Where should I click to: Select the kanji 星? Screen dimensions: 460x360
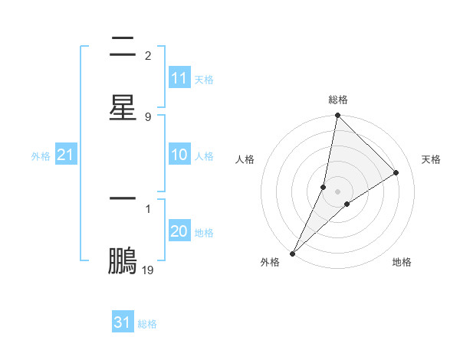pyautogui.click(x=123, y=107)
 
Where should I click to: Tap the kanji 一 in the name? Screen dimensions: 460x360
pyautogui.click(x=123, y=198)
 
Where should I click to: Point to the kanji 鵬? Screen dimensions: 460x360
pyautogui.click(x=123, y=261)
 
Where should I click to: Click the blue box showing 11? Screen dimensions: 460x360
pyautogui.click(x=179, y=78)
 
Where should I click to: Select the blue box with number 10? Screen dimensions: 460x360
pyautogui.click(x=179, y=155)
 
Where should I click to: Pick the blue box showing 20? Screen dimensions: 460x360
pyautogui.click(x=179, y=231)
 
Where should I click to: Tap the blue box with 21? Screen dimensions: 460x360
pyautogui.click(x=66, y=155)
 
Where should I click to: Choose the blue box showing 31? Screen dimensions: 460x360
pyautogui.click(x=123, y=322)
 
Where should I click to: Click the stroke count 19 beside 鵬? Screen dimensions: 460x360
pyautogui.click(x=148, y=270)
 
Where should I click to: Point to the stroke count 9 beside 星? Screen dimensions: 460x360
pyautogui.click(x=148, y=116)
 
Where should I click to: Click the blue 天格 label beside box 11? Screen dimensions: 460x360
pyautogui.click(x=204, y=80)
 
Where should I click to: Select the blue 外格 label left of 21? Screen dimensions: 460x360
pyautogui.click(x=41, y=156)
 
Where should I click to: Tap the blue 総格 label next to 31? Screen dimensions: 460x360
pyautogui.click(x=147, y=324)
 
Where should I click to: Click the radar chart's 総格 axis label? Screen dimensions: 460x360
pyautogui.click(x=338, y=100)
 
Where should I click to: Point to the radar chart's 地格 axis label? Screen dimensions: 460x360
pyautogui.click(x=402, y=262)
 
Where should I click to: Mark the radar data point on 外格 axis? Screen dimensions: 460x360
pyautogui.click(x=292, y=254)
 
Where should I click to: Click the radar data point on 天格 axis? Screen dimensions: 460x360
pyautogui.click(x=396, y=173)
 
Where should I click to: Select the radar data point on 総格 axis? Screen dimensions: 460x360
pyautogui.click(x=338, y=116)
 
